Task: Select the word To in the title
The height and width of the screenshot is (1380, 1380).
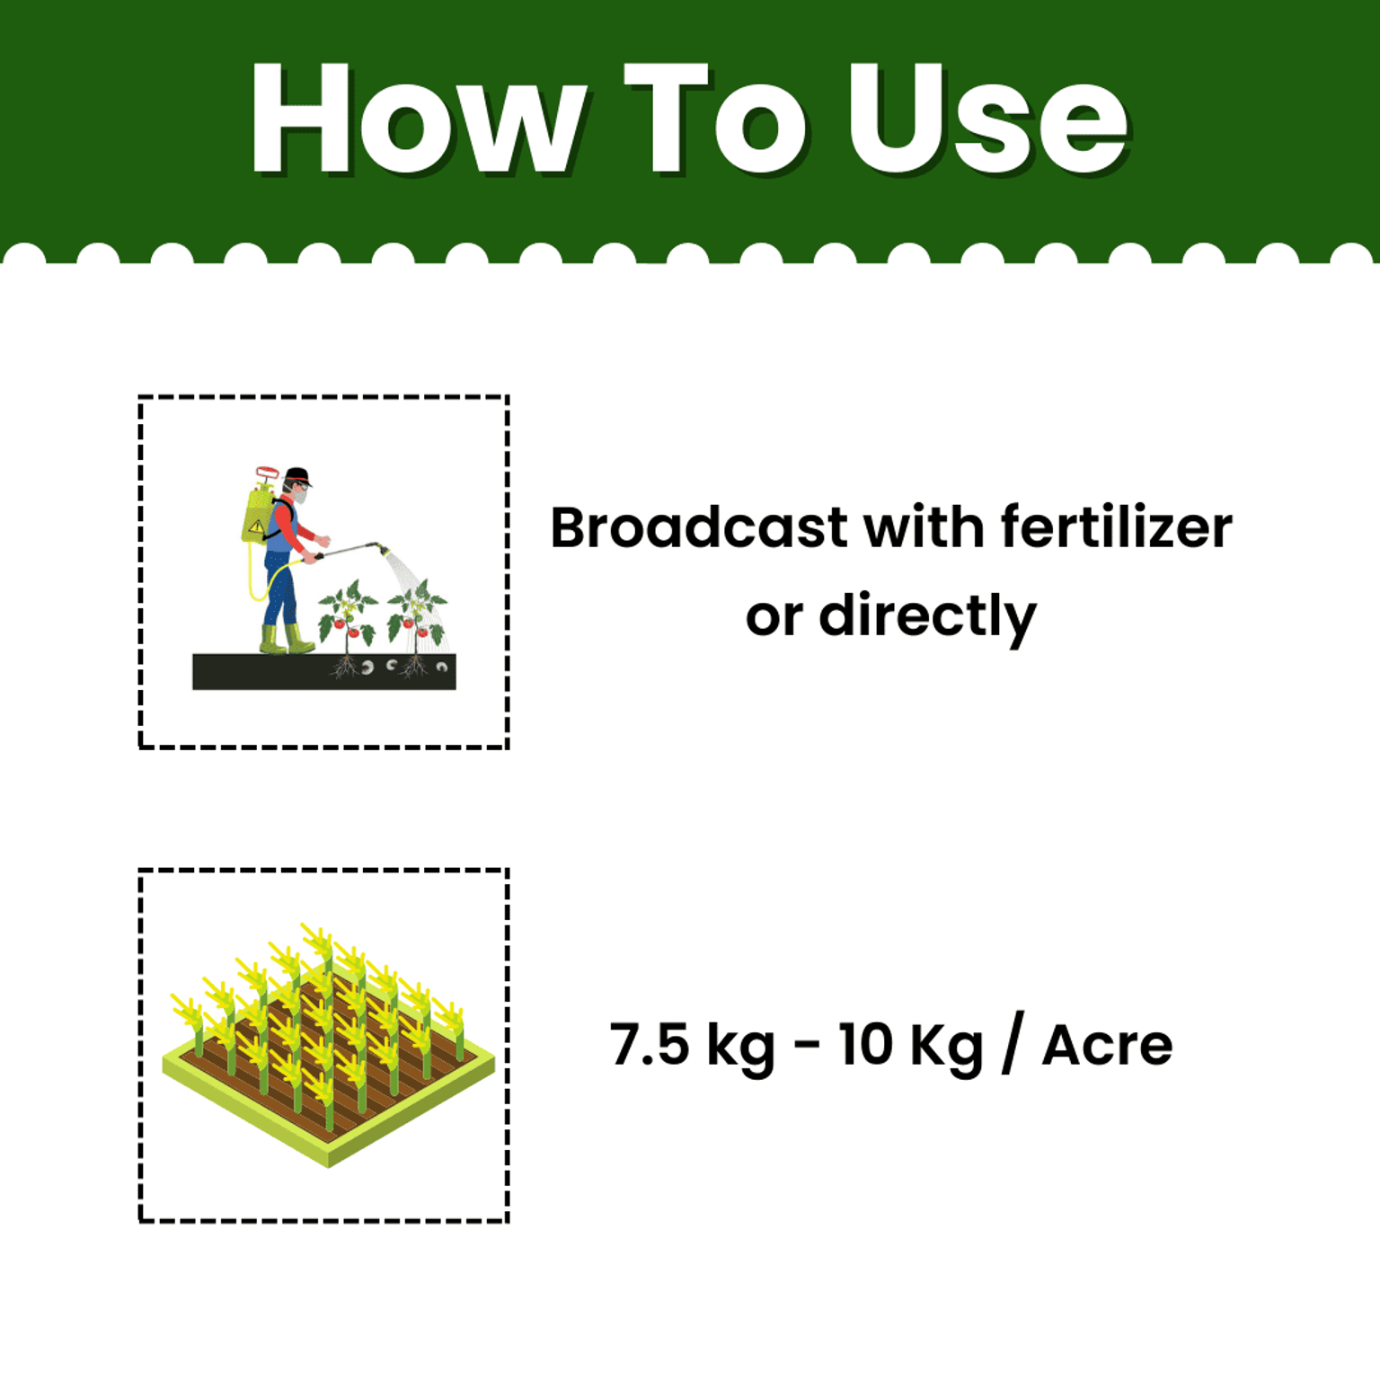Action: pos(714,119)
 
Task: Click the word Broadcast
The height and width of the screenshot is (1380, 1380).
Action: pos(698,527)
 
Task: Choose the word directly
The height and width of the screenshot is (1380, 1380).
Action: pos(927,617)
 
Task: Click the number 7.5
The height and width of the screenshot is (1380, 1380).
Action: pos(650,1044)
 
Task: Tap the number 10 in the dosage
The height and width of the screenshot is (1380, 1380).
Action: pos(866,1044)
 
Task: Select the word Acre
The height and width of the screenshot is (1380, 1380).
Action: pos(1107,1046)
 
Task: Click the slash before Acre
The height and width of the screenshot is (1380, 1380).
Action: pos(1013,1044)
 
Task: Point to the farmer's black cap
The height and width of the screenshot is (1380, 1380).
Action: pos(297,475)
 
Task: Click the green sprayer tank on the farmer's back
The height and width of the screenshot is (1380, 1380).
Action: pos(257,516)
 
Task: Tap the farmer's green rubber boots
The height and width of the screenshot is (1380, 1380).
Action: pos(286,639)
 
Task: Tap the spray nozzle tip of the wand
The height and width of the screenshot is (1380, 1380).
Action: pos(383,547)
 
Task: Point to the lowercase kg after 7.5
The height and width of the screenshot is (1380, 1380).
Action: pos(740,1048)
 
